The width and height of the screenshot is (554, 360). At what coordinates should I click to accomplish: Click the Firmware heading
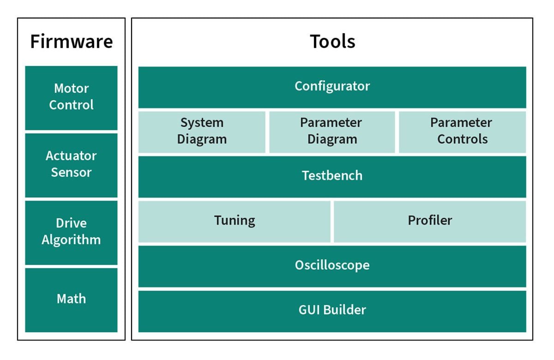pos(71,41)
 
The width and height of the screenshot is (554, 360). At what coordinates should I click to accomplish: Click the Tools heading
pos(332,41)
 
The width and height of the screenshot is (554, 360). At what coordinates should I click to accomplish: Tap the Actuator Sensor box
pos(71,164)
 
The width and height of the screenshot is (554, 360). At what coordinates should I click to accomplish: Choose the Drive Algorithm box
pos(71,232)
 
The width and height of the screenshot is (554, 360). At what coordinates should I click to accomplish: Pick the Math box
pos(71,299)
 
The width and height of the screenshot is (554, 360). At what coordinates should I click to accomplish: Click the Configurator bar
pos(332,86)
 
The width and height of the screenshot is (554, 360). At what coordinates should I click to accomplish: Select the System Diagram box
pos(202,131)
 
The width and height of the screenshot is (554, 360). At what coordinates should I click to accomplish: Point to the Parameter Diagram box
pos(332,131)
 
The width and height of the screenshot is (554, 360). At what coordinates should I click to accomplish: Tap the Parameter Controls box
pos(462,131)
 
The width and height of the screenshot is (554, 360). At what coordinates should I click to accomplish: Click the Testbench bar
pos(332,176)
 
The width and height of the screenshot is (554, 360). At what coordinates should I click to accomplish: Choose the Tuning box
pos(234,221)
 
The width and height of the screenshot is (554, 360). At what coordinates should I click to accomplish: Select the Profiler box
pos(429,221)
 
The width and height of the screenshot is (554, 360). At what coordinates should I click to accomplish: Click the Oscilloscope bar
pos(332,265)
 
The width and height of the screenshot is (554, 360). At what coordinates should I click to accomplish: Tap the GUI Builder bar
pos(332,310)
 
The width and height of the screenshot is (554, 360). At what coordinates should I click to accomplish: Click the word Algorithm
pos(71,240)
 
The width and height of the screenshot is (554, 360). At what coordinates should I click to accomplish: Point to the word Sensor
pos(71,173)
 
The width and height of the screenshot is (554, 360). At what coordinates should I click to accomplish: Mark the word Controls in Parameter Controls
pos(462,139)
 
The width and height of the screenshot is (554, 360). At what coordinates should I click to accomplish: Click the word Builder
pos(344,310)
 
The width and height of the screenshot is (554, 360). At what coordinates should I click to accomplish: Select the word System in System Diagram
pos(202,123)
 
